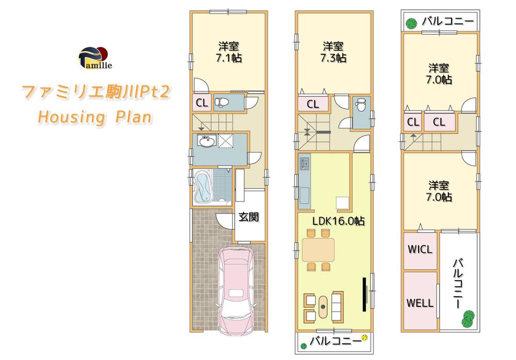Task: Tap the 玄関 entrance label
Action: coord(248,217)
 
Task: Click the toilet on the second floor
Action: coord(359,107)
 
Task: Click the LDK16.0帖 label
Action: coord(338,221)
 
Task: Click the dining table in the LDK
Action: coord(318,250)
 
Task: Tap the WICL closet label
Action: coord(420,250)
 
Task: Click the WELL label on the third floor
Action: coord(420,303)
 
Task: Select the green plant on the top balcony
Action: coord(411,23)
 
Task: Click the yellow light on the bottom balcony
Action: coord(365,338)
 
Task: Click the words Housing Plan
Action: coord(94,117)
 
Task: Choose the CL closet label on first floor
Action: coord(202,103)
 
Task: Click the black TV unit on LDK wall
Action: coord(364,293)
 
